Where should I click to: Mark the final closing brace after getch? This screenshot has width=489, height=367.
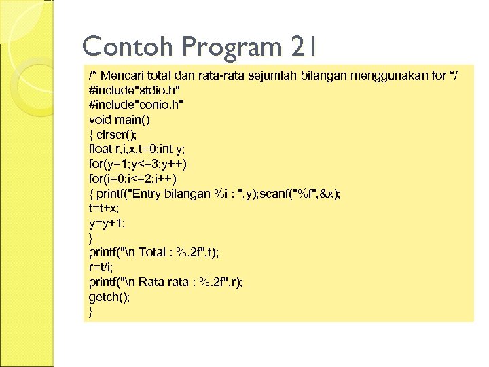point(92,312)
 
